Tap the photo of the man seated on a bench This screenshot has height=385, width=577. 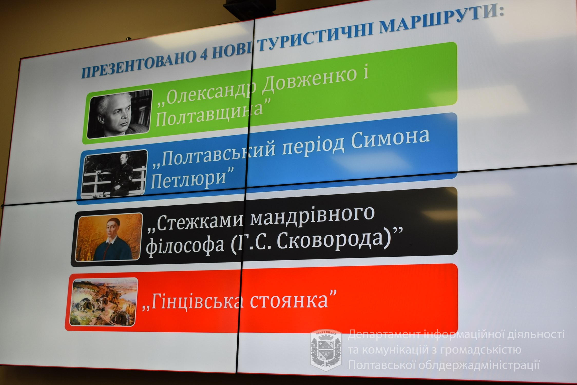click(x=114, y=175)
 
